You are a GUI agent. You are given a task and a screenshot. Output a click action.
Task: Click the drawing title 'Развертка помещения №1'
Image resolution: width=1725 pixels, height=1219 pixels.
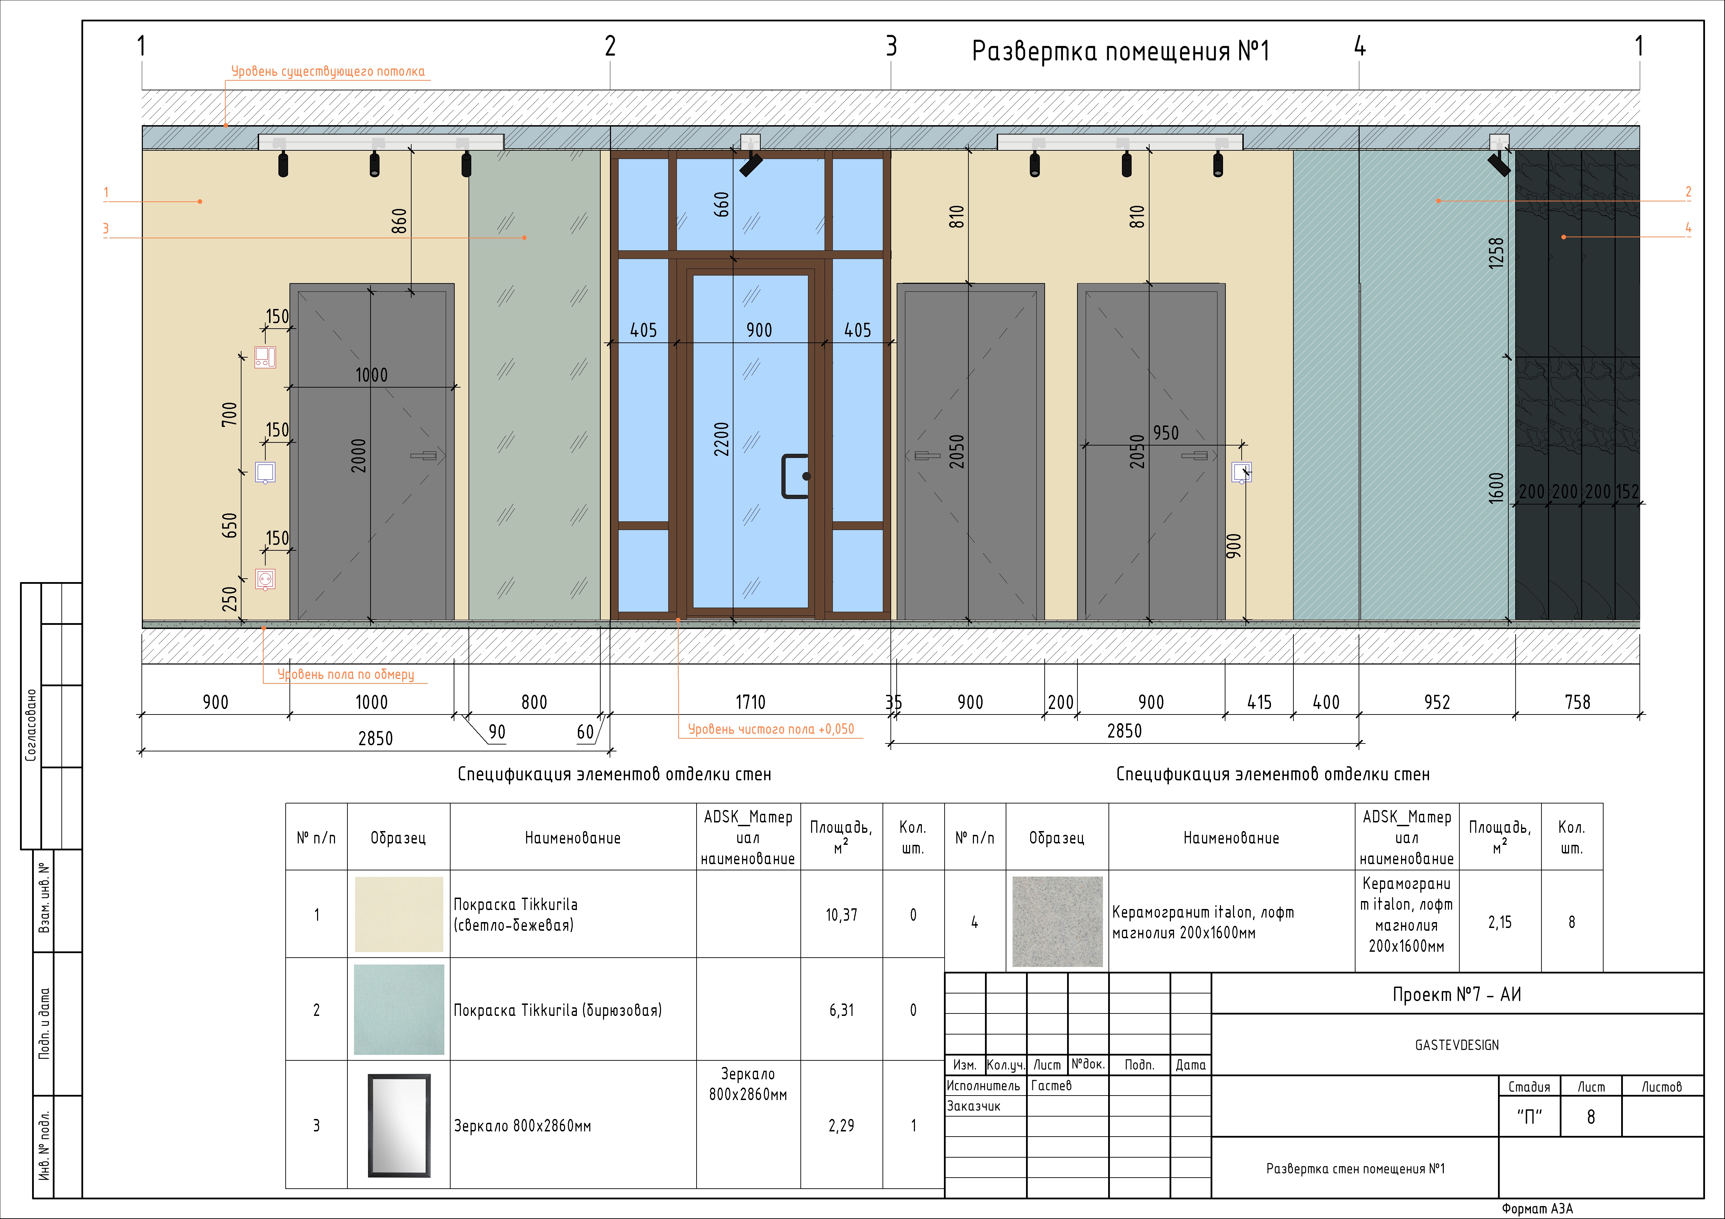coord(1120,51)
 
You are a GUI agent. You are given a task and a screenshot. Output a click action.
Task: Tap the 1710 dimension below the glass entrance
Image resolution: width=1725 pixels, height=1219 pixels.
coord(750,702)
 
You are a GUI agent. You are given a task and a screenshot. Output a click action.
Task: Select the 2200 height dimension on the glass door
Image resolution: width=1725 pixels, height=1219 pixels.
coord(721,439)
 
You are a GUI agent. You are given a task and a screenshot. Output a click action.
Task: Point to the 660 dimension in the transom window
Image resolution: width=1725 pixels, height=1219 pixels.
coord(721,204)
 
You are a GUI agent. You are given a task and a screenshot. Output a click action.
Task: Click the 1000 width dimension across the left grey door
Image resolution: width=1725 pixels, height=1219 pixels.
coord(371,375)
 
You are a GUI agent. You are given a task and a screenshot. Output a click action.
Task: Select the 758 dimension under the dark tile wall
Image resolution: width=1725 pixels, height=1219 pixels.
coord(1577,702)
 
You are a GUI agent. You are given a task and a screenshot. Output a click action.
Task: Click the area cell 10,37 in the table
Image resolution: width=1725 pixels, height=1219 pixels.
coord(841,915)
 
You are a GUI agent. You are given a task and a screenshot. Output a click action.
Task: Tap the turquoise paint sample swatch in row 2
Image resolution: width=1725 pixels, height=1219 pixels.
coord(399,1009)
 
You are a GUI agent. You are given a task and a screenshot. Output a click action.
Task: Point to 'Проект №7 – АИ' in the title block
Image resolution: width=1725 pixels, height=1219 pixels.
coord(1457,995)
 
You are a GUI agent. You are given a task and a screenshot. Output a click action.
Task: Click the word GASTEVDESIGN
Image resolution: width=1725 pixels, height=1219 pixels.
coord(1457,1045)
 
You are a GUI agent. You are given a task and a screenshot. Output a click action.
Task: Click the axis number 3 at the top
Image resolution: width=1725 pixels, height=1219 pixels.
coord(891,47)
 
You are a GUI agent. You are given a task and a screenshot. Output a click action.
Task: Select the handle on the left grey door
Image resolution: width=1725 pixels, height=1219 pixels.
coord(424,455)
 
